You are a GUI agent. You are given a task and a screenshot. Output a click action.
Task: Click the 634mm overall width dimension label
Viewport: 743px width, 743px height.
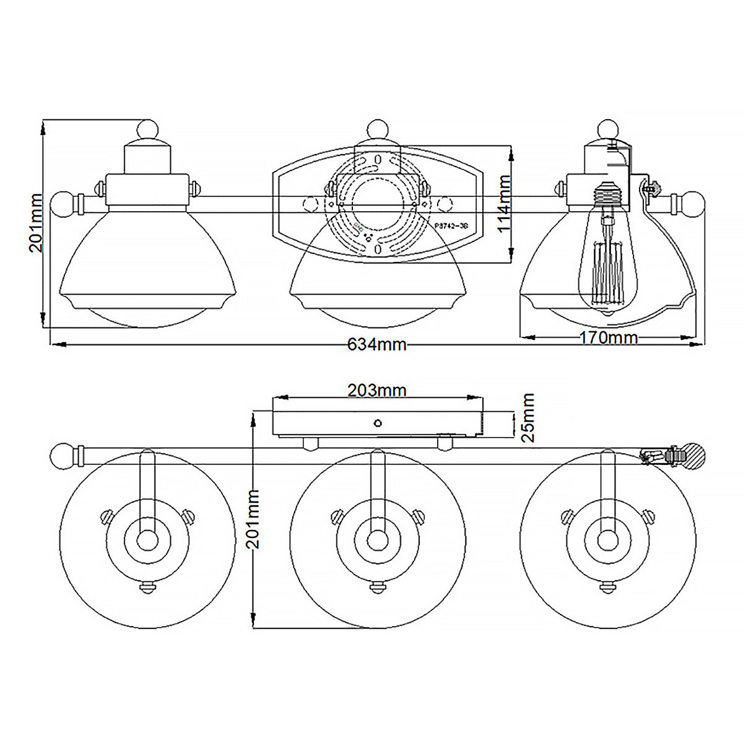(x=376, y=345)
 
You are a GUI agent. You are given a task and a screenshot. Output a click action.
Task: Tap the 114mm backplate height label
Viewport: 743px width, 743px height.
(x=505, y=203)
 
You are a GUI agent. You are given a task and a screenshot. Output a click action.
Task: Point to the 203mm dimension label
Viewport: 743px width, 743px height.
(x=376, y=391)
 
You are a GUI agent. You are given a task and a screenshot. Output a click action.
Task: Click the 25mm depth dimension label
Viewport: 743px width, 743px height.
(x=528, y=417)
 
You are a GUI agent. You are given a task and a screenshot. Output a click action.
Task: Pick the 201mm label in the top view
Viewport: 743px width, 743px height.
(x=36, y=223)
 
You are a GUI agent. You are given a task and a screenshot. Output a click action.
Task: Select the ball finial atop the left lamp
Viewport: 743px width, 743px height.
(x=147, y=129)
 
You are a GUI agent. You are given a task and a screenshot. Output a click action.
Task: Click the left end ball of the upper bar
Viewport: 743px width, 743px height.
(x=63, y=204)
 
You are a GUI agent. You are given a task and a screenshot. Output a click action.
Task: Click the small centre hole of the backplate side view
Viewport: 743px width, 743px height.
(x=377, y=424)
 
